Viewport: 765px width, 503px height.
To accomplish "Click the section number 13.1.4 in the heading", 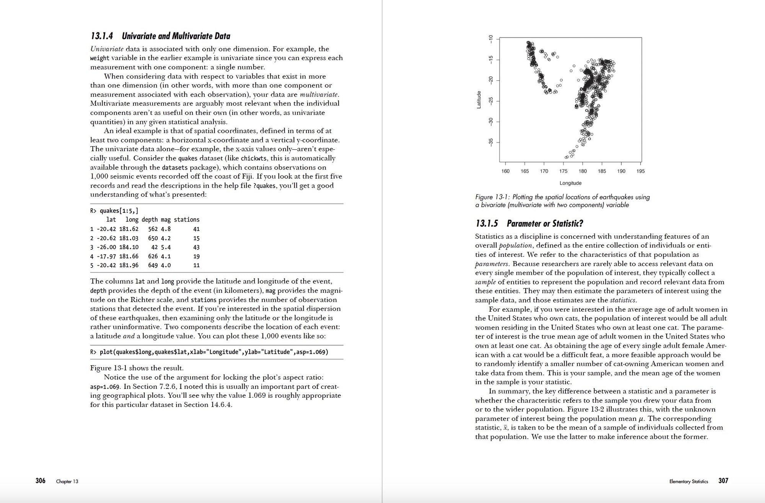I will click(x=102, y=36).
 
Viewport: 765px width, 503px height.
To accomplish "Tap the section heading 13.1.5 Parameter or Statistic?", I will click(x=529, y=224).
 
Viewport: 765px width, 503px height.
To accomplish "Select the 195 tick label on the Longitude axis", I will click(x=640, y=171).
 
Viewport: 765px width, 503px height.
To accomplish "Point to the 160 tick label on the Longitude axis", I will click(x=505, y=171).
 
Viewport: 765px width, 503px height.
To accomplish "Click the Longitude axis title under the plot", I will click(x=570, y=183).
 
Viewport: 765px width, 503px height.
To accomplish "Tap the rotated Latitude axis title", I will click(x=479, y=100).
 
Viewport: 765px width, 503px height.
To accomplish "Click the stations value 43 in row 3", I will click(x=196, y=247).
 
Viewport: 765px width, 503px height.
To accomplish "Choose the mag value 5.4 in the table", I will click(x=166, y=247).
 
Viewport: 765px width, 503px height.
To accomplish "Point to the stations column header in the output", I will click(x=187, y=220).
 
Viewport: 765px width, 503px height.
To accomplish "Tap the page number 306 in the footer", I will click(x=41, y=481).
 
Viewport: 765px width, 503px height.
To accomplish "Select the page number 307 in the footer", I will click(x=723, y=481).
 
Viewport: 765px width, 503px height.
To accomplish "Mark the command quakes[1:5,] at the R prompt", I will click(x=119, y=211).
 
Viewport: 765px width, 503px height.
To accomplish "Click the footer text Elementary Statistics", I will click(x=688, y=482).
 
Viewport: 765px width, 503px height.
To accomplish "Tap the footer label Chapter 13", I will click(x=67, y=482).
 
